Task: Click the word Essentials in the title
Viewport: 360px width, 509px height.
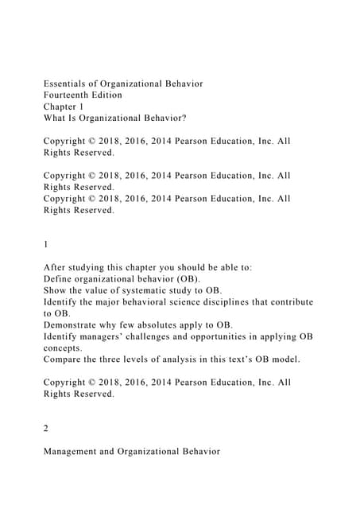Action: pyautogui.click(x=67, y=84)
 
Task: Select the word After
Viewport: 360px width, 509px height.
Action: pyautogui.click(x=56, y=268)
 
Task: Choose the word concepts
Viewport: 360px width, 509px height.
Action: pyautogui.click(x=63, y=348)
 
